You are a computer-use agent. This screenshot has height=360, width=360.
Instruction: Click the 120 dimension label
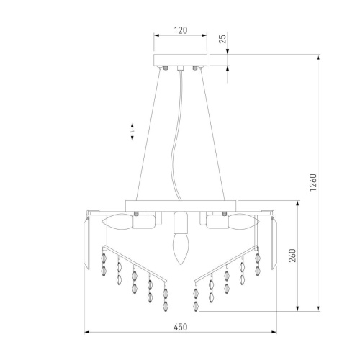[x=181, y=30]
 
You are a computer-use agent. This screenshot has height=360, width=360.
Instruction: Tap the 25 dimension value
[x=223, y=39]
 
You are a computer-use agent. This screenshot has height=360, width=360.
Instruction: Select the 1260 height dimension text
[x=313, y=182]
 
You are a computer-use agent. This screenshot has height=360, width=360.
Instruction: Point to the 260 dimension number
[x=292, y=256]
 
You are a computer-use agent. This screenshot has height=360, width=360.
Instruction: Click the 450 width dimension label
[x=180, y=327]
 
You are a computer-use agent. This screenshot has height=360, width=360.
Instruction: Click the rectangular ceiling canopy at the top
[x=180, y=60]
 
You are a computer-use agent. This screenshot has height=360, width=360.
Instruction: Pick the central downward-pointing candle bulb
[x=181, y=249]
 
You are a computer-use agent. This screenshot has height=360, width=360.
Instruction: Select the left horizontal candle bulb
[x=117, y=221]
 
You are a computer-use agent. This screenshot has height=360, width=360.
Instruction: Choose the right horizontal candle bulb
[x=244, y=221]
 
